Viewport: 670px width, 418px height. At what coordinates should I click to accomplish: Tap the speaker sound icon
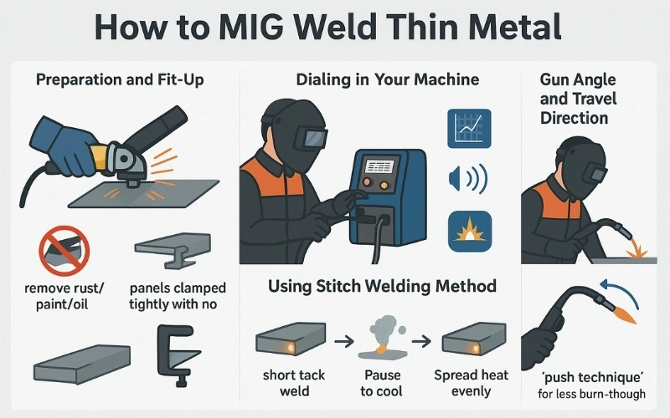466,178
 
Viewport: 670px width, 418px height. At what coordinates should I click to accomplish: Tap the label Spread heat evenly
471,383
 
